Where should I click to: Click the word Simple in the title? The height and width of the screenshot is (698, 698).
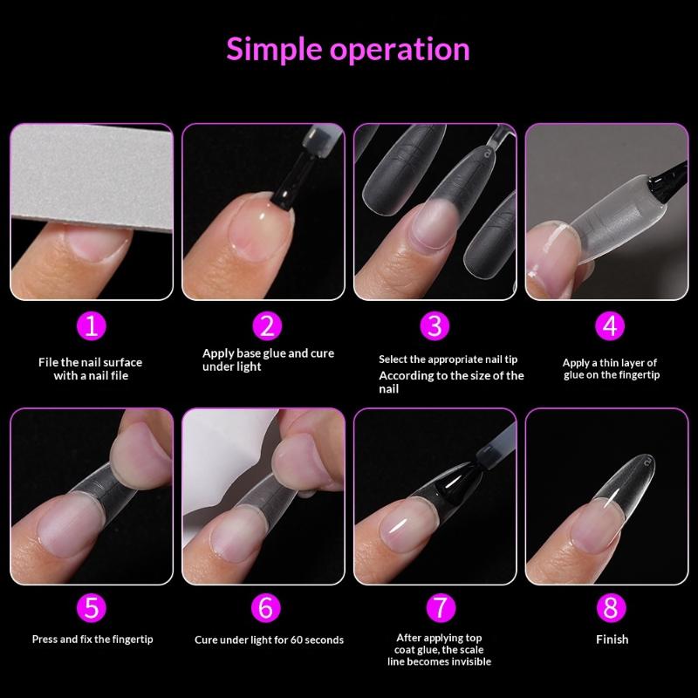[274, 50]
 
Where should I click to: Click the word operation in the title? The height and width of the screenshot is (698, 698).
[400, 50]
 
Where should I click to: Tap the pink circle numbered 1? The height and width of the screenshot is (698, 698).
[91, 325]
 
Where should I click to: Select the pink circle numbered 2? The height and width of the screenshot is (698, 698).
[267, 325]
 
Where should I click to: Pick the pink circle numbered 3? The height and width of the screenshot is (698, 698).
[435, 325]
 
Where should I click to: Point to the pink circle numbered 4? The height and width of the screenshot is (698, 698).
[610, 325]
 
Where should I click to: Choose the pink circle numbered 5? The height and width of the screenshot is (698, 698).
[91, 607]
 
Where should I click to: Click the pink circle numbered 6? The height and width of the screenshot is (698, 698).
[266, 607]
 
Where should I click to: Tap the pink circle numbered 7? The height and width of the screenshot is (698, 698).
[441, 607]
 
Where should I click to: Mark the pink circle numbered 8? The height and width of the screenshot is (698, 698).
[611, 607]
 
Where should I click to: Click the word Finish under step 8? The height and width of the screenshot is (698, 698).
[612, 640]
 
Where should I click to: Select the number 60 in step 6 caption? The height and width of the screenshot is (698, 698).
[297, 640]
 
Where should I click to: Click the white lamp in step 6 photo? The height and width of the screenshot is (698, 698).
[227, 463]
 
